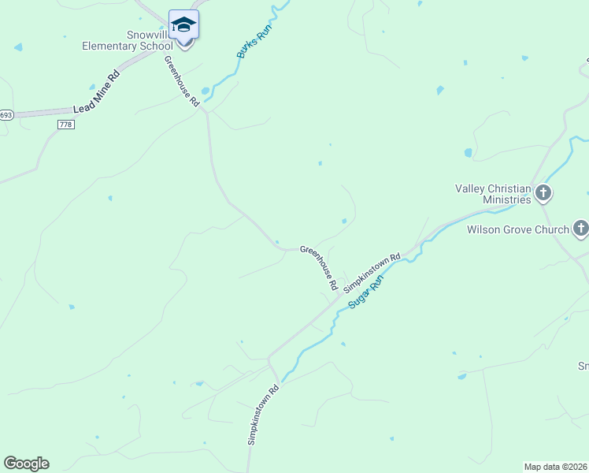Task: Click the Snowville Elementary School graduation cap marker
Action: (x=183, y=25)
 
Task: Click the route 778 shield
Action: (x=65, y=125)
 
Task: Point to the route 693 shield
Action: (x=6, y=115)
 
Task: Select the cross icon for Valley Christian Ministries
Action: (x=543, y=193)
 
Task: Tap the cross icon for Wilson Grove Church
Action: (x=580, y=229)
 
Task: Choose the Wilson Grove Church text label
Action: (x=517, y=230)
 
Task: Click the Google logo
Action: (x=26, y=464)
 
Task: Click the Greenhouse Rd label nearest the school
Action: (x=181, y=80)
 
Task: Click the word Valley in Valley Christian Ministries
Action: (x=470, y=188)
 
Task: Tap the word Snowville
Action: (x=148, y=35)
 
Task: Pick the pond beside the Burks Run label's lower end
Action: (x=206, y=90)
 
